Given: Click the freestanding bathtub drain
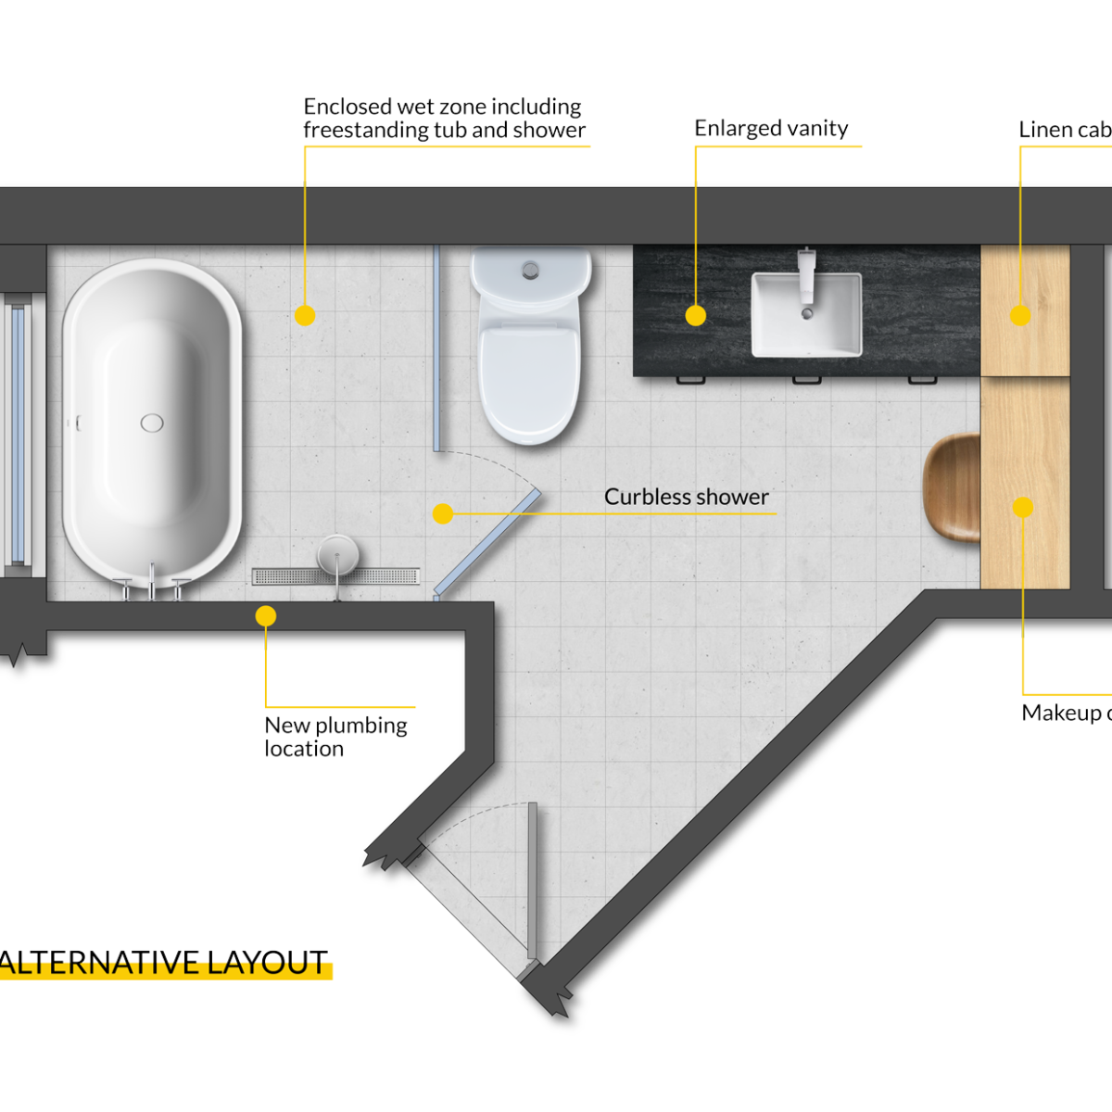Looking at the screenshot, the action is [x=152, y=423].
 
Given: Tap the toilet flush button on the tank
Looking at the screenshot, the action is [x=531, y=269].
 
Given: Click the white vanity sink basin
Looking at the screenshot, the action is [x=806, y=315].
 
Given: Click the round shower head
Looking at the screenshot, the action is [x=335, y=554].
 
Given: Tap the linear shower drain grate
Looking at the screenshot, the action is [x=335, y=576].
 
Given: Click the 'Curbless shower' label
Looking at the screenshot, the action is [x=686, y=497].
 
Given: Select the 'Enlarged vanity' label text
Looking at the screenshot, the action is [x=771, y=128].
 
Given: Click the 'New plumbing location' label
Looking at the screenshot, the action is [x=335, y=737].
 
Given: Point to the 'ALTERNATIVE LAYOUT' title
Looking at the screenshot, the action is [x=165, y=963].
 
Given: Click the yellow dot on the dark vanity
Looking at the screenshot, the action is [x=695, y=316].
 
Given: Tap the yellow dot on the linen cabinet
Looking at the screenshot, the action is [x=1020, y=315].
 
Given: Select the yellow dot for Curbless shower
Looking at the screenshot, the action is [x=443, y=512].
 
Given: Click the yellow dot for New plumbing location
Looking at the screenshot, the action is [x=266, y=615].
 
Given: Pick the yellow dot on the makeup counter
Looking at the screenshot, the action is [x=1022, y=507].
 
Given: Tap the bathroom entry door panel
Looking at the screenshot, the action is [x=532, y=880].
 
